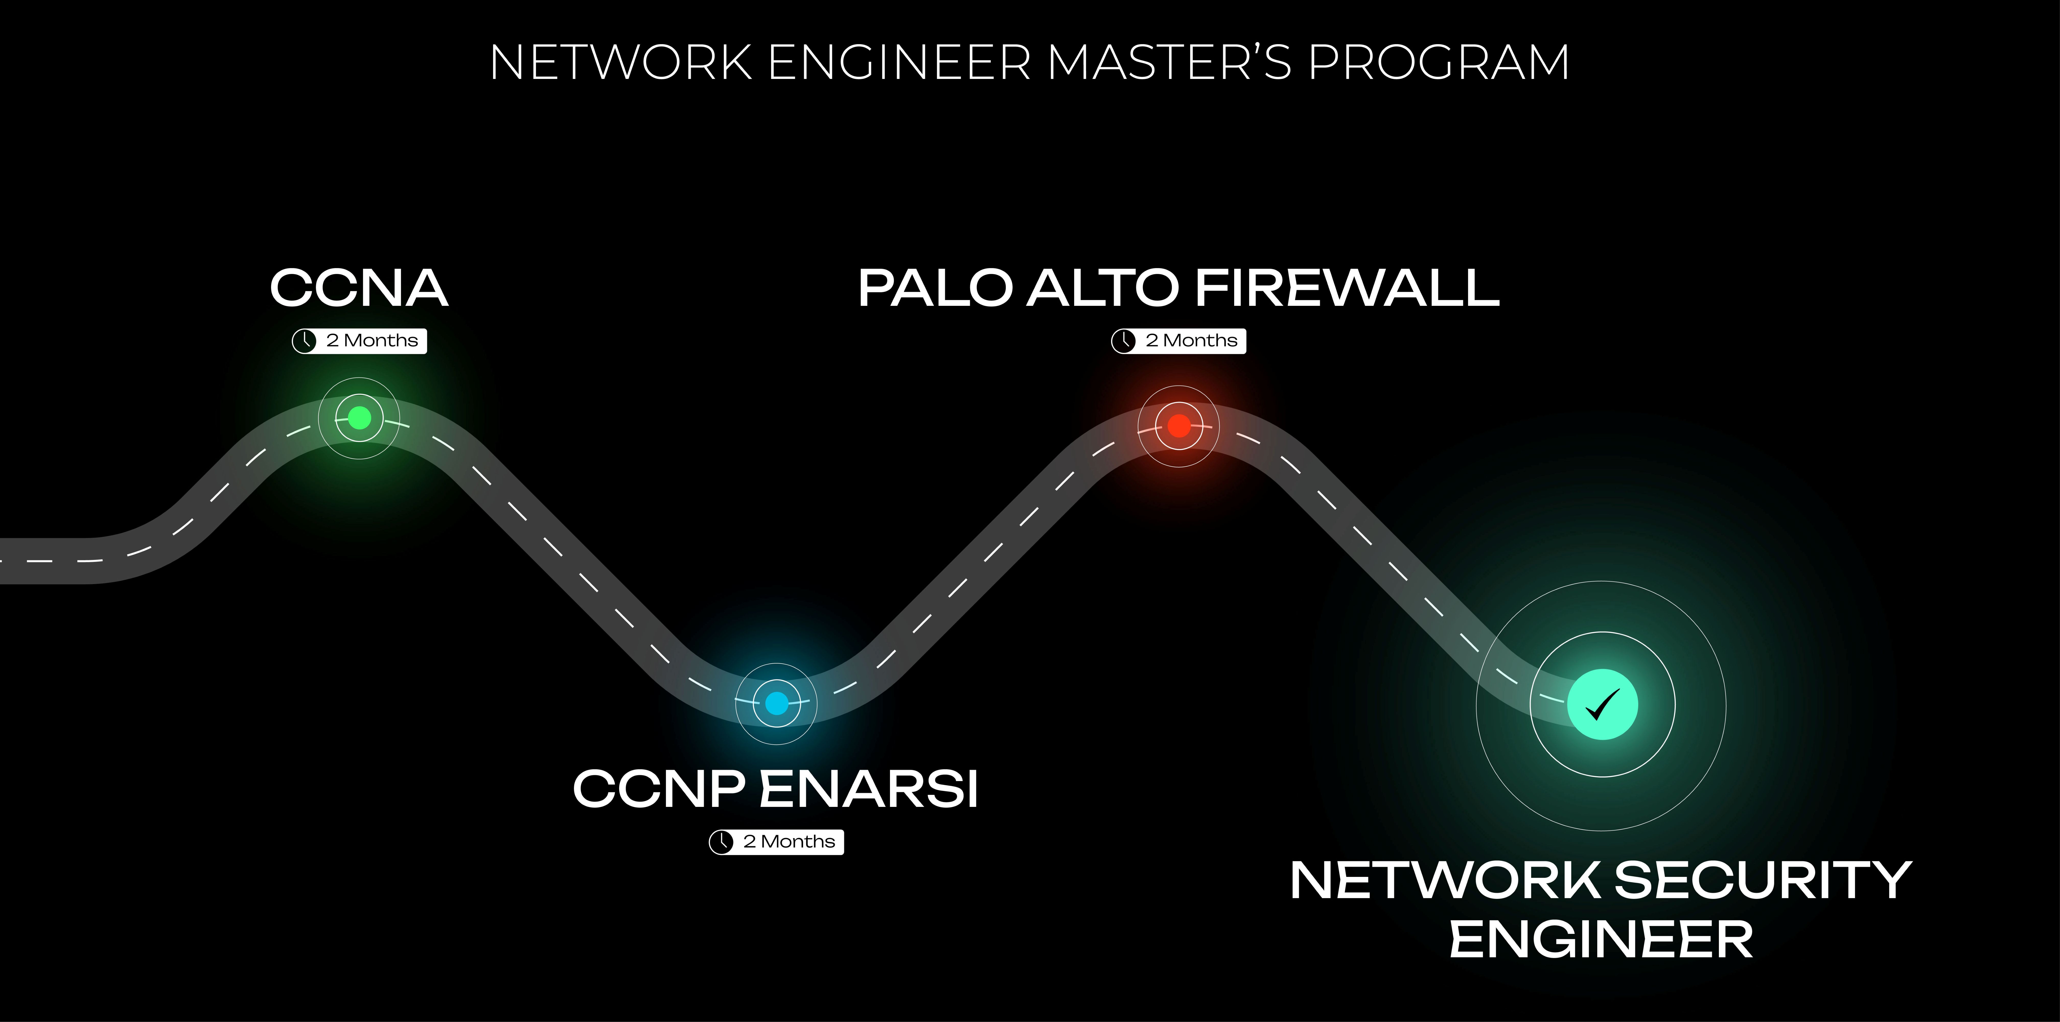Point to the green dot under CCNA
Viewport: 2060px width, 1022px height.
(x=359, y=417)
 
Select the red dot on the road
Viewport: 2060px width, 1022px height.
(x=1179, y=425)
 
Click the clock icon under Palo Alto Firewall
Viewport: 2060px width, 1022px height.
(x=1124, y=341)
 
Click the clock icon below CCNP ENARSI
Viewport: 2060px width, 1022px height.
(x=721, y=842)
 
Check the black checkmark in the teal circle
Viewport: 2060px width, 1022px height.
(x=1602, y=704)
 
